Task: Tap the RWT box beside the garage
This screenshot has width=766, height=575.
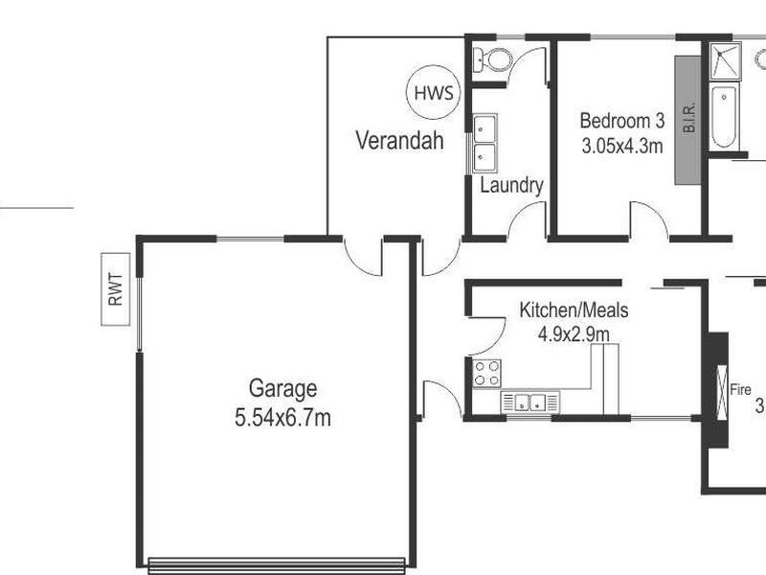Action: [x=117, y=289]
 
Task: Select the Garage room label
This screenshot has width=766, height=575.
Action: [x=282, y=388]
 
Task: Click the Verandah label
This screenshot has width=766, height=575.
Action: [x=399, y=142]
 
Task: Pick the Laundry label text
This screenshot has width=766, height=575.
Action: [x=511, y=185]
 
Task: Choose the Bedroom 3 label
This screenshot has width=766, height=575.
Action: [x=622, y=122]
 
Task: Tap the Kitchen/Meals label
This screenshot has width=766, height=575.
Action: [x=574, y=310]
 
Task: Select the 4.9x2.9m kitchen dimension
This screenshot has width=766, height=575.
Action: [x=573, y=333]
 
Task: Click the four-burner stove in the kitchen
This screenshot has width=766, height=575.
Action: [x=487, y=372]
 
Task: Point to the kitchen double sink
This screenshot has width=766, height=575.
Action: [x=529, y=402]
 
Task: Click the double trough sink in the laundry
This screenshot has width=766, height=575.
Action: [x=484, y=142]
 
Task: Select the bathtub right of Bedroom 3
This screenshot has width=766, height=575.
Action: [x=724, y=117]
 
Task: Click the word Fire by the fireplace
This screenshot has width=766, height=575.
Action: [x=740, y=390]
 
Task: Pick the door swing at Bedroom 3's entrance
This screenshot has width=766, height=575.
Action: [x=649, y=218]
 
